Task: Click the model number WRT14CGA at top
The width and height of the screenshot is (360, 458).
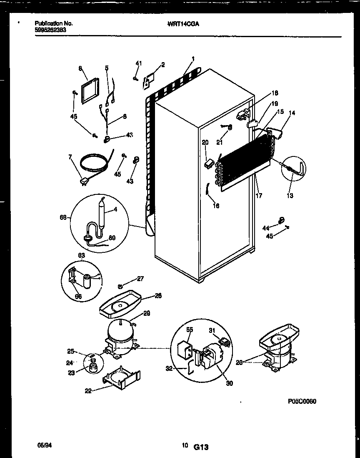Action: coord(183,24)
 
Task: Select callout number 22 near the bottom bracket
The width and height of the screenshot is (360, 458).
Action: coord(88,390)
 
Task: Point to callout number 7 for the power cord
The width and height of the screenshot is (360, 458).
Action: coord(70,157)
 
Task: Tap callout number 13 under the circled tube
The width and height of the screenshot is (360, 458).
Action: coord(290,196)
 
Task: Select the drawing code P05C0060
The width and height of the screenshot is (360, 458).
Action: coord(302,401)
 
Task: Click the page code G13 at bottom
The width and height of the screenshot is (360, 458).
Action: coord(200,447)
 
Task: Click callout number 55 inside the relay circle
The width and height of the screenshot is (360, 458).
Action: coord(190,330)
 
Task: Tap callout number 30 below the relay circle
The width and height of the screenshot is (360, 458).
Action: coord(229,384)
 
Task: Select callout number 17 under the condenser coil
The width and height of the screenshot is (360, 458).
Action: coord(259,195)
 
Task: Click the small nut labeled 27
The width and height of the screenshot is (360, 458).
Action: coord(120,286)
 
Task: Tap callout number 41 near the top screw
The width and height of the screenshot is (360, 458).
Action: coord(139,63)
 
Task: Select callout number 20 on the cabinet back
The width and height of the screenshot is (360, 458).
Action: coord(205,143)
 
